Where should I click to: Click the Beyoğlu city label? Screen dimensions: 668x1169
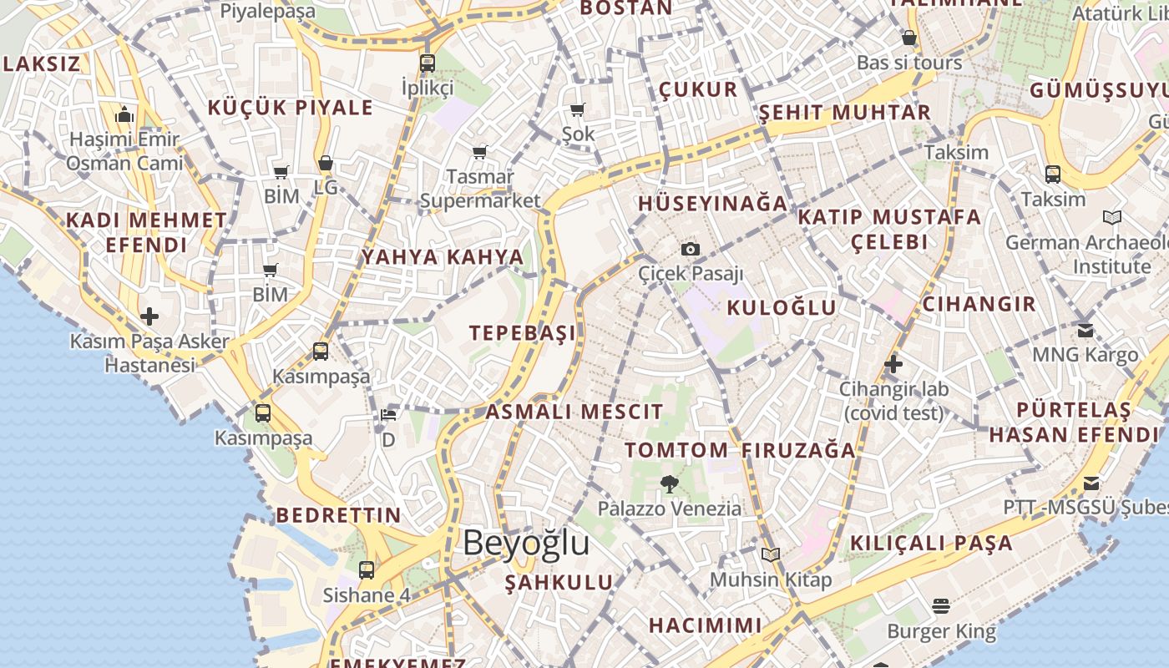tap(526, 543)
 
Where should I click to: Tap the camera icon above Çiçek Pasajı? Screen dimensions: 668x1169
tap(691, 249)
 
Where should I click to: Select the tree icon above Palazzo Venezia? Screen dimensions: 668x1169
tap(669, 483)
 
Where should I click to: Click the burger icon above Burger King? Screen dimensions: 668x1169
tap(941, 605)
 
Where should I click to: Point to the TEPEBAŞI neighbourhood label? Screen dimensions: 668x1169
tap(523, 333)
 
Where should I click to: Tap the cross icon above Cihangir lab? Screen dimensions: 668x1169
tap(893, 364)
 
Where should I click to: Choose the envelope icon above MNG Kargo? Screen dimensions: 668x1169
tap(1085, 331)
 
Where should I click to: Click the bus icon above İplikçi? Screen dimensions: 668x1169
tap(428, 63)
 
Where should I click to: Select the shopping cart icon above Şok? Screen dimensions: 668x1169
tap(577, 109)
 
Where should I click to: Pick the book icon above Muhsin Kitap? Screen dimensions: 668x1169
tap(771, 554)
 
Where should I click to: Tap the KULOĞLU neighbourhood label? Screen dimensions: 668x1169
tap(782, 307)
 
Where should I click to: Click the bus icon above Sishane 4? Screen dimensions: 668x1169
tap(367, 570)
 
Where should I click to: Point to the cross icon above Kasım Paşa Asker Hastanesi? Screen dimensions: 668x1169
tap(149, 316)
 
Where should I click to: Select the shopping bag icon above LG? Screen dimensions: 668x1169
tap(326, 163)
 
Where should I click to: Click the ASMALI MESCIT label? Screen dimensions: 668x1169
tap(574, 412)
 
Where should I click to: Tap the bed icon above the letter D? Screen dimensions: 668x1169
tap(388, 414)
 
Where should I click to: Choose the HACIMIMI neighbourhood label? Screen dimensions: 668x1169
tap(706, 625)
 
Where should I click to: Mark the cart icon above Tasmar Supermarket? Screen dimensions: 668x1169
tap(479, 152)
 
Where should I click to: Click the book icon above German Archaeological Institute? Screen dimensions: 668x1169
tap(1111, 218)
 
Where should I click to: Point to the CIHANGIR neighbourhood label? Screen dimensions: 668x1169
tap(979, 304)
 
